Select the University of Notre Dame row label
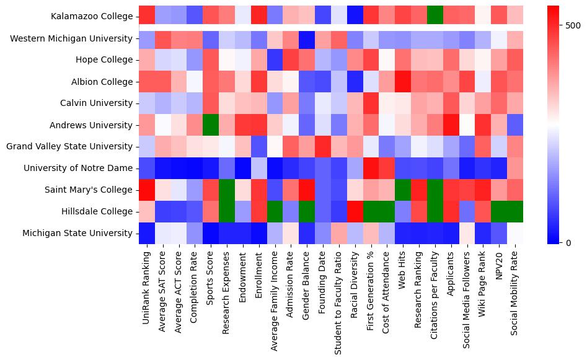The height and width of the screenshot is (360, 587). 77,168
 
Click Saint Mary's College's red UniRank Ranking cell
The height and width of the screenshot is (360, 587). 147,190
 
